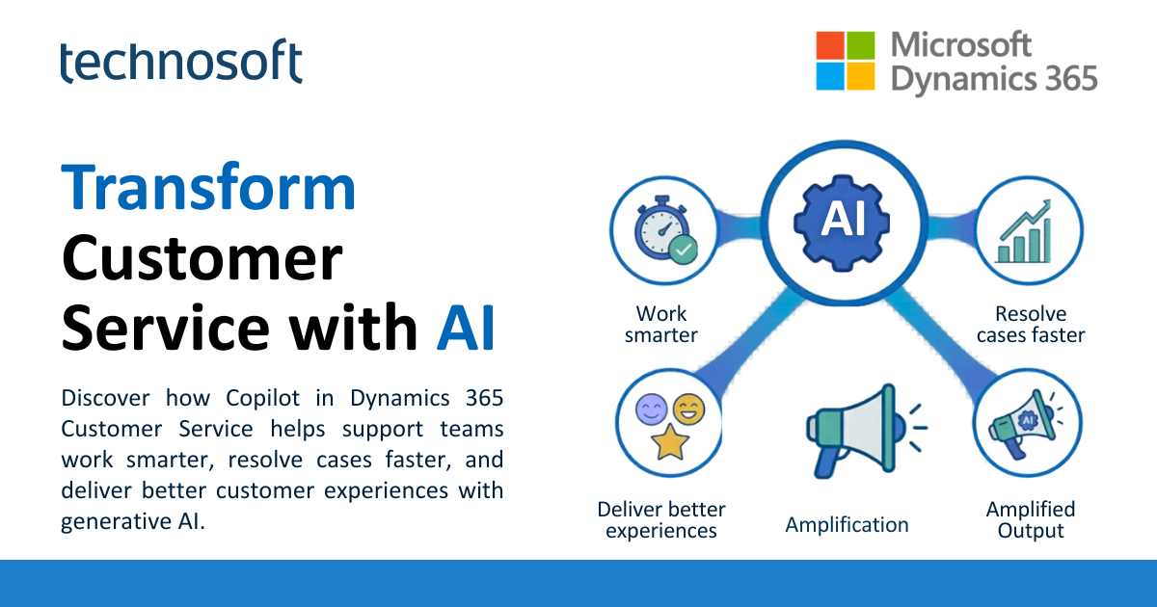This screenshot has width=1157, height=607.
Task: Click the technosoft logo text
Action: pyautogui.click(x=180, y=63)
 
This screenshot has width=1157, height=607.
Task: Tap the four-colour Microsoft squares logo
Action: pyautogui.click(x=846, y=61)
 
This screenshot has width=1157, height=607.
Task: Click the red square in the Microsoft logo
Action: pyautogui.click(x=830, y=45)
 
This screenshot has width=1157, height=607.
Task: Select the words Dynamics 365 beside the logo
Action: pyautogui.click(x=994, y=77)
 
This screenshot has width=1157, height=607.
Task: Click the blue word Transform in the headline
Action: pyautogui.click(x=209, y=188)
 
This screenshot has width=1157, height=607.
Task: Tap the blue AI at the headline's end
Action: pyautogui.click(x=466, y=330)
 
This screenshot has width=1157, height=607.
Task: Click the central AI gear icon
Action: pyautogui.click(x=830, y=221)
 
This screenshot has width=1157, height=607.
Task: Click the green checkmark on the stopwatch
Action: pyautogui.click(x=684, y=251)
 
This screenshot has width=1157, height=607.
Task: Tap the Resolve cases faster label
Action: pyautogui.click(x=1031, y=325)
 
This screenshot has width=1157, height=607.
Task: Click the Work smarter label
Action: pyautogui.click(x=661, y=325)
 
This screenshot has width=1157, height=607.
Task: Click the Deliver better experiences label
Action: pyautogui.click(x=661, y=519)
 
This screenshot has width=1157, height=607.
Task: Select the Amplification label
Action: pyautogui.click(x=847, y=525)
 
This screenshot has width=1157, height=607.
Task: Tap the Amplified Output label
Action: pyautogui.click(x=1031, y=519)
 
